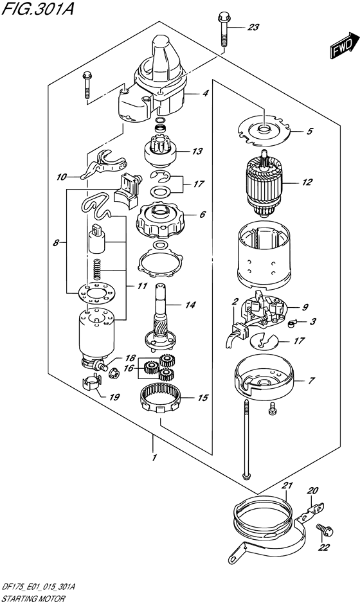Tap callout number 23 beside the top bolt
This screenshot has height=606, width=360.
(253, 27)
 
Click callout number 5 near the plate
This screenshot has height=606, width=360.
(309, 132)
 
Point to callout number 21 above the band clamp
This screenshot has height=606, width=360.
(287, 485)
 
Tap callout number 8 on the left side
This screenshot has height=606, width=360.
(57, 243)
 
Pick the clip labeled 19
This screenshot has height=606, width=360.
(92, 386)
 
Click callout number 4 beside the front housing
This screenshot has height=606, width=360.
(205, 94)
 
